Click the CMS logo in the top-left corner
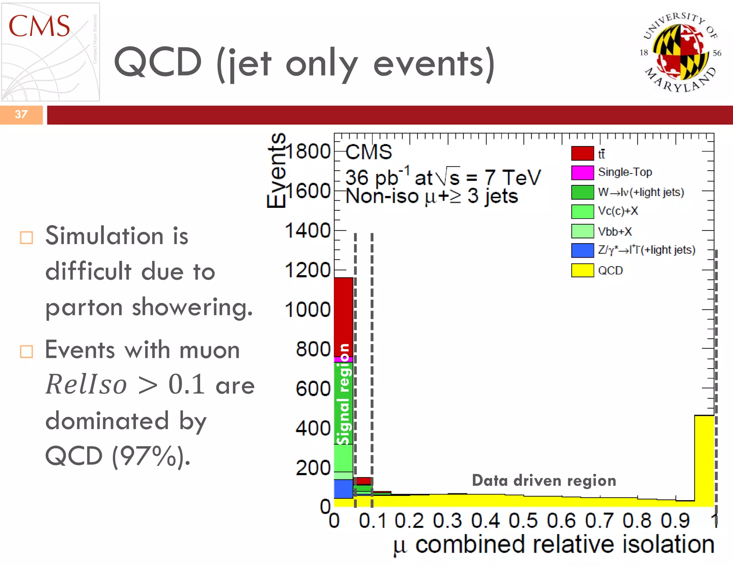coord(50,52)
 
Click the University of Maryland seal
coord(680,52)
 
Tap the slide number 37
coord(21,114)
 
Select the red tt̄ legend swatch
coord(582,153)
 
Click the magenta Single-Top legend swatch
coord(582,172)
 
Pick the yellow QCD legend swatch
coord(582,270)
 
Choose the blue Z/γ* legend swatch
coord(582,250)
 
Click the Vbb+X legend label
coord(615,231)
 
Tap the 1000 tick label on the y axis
coord(308,310)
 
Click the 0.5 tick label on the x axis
coord(523,521)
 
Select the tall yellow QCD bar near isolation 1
coord(704,462)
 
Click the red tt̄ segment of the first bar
coord(344,317)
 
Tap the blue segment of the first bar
coord(344,489)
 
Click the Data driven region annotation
coord(544,480)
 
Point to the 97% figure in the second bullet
coord(150,456)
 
